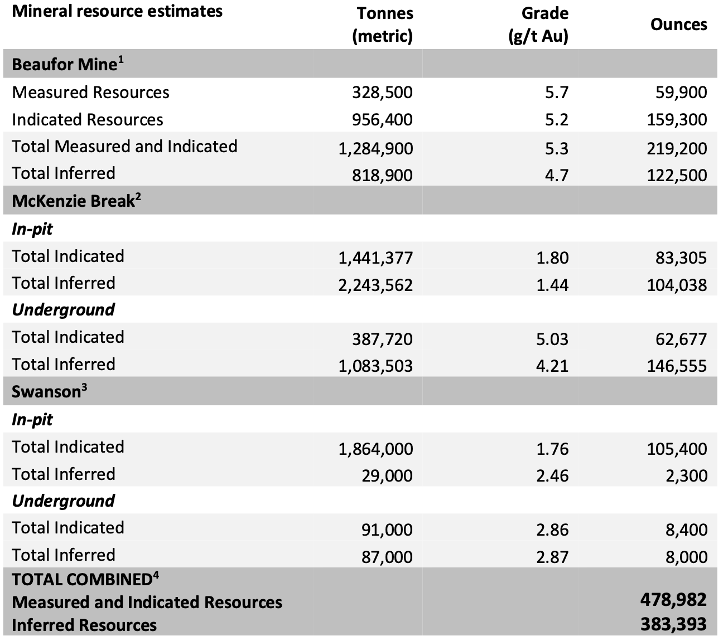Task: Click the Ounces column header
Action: click(678, 25)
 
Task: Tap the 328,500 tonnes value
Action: click(382, 93)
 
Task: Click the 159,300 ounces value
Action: click(677, 120)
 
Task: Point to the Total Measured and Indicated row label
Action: click(124, 147)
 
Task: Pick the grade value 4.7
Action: click(556, 175)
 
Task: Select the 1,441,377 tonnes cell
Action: click(375, 258)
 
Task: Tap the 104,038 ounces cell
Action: click(677, 285)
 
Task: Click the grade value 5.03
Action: click(552, 339)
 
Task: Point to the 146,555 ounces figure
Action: click(677, 366)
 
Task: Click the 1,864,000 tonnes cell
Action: click(375, 449)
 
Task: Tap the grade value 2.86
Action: click(552, 530)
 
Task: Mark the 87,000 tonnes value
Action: click(387, 557)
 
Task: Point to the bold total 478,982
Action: click(673, 600)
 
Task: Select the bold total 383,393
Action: click(673, 624)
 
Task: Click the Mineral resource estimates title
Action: click(117, 11)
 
